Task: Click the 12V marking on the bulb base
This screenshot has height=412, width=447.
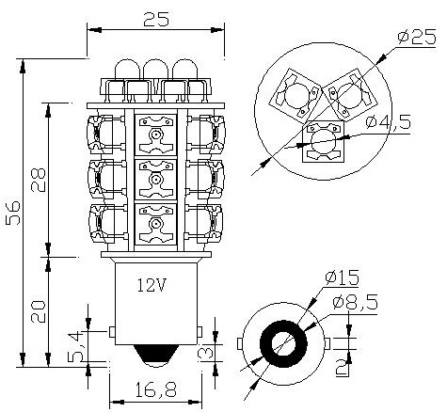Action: coord(152,285)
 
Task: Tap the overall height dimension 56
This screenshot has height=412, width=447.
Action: coord(13,213)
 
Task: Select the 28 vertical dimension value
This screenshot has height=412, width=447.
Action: coord(39,180)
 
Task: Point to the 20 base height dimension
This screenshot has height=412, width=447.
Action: coord(39,311)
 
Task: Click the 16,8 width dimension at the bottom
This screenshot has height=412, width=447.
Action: coord(156,389)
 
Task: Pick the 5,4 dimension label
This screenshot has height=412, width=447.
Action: coord(75,346)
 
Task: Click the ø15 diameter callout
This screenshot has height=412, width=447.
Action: coord(342,277)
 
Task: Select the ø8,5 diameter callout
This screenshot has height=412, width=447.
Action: coord(355,302)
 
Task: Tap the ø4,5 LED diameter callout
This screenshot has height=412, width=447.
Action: coord(389,121)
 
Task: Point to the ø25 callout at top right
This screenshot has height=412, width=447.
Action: coord(417,37)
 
